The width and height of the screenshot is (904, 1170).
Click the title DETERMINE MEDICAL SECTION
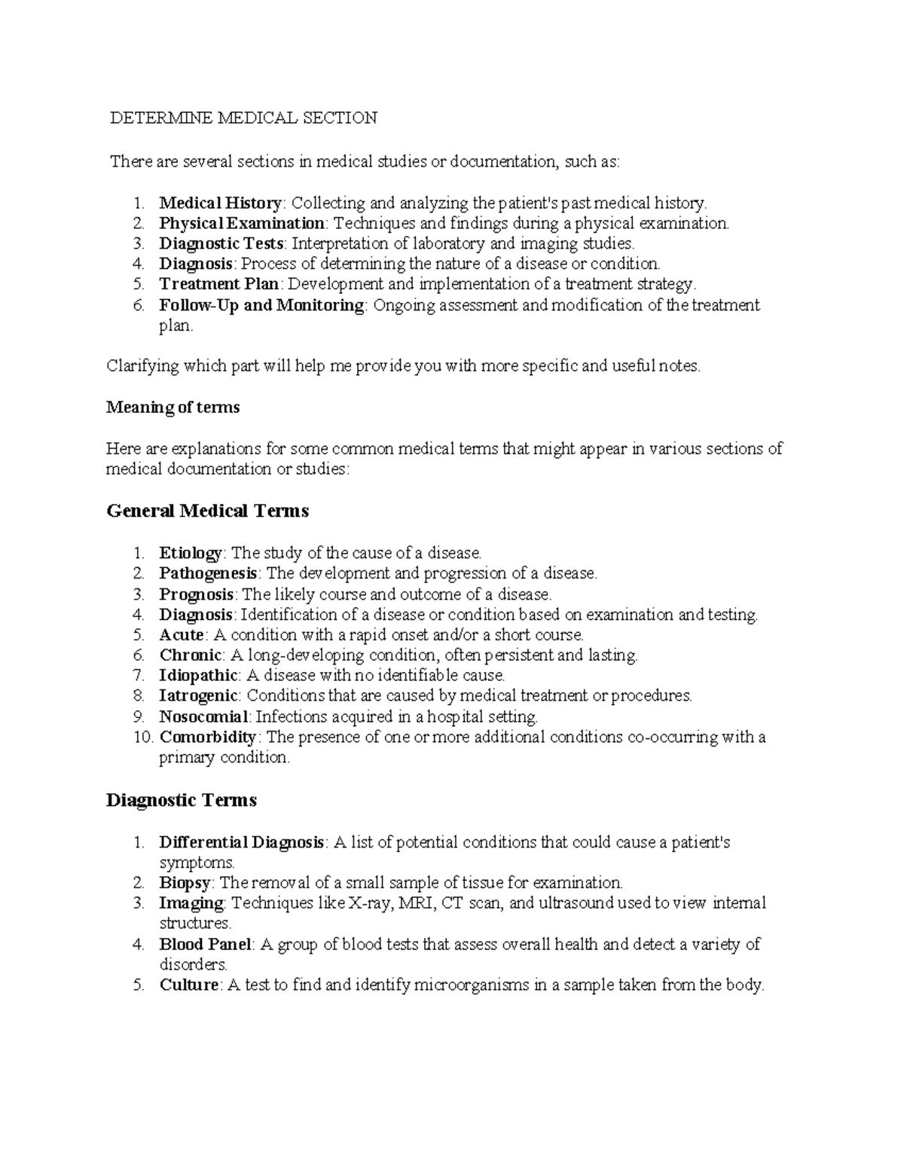[243, 118]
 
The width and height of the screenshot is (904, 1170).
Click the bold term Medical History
[220, 203]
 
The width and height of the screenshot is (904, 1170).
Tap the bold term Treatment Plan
[218, 284]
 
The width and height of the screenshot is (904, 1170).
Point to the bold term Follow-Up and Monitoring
[261, 305]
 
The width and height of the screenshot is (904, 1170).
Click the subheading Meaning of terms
[173, 408]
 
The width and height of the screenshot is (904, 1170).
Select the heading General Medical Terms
[207, 511]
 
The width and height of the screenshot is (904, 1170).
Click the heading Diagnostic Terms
[181, 799]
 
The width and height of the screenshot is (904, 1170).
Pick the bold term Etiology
[191, 553]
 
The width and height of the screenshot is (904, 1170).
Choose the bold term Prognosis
[196, 594]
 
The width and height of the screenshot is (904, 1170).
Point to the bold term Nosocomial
[203, 716]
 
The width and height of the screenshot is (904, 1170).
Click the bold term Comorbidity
[208, 737]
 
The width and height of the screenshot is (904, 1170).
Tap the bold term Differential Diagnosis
[242, 842]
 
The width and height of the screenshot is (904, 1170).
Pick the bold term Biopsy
[185, 882]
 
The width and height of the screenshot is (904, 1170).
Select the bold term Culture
[188, 985]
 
